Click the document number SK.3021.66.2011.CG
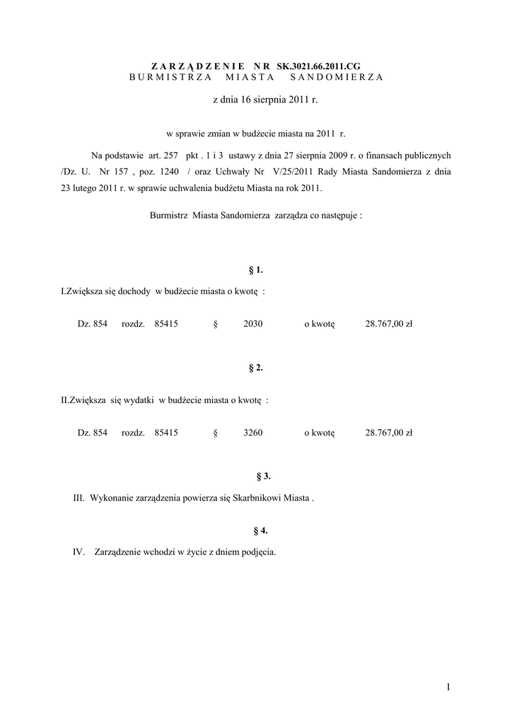(323, 64)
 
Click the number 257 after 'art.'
(167, 156)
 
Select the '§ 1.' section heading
(256, 269)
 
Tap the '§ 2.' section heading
(256, 368)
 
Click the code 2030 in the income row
(252, 324)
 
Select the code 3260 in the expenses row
(252, 433)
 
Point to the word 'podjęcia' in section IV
(257, 552)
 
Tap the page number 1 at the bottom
(448, 686)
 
